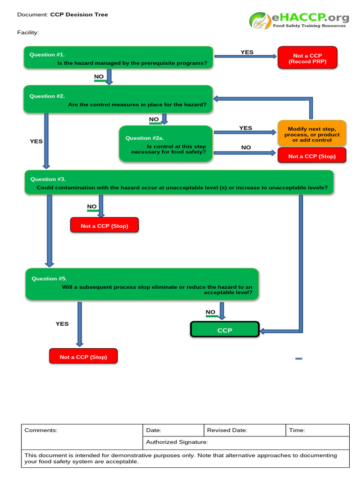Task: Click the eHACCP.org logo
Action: click(299, 20)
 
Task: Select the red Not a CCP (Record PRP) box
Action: click(307, 58)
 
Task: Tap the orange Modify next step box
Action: click(312, 134)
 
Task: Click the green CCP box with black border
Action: click(225, 330)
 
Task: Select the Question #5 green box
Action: click(142, 284)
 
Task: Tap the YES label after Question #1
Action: click(247, 52)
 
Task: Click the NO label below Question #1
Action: click(99, 76)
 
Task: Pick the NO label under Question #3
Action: click(92, 206)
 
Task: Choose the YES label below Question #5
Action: click(62, 323)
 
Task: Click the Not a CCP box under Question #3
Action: click(104, 225)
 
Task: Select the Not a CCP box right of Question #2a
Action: click(312, 156)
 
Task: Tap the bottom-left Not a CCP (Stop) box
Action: click(83, 357)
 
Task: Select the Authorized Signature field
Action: click(246, 442)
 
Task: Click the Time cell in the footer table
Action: click(317, 430)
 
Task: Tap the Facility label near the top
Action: click(28, 32)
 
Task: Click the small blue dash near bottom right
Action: click(299, 359)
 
